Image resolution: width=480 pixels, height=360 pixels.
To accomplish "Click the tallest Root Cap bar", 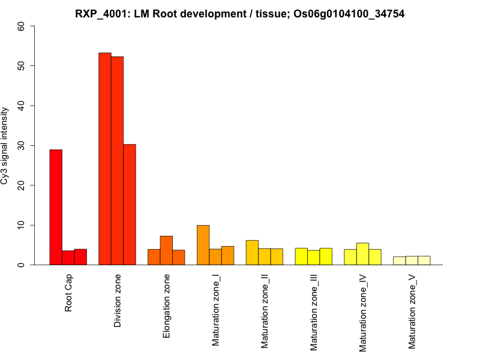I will (x=56, y=207).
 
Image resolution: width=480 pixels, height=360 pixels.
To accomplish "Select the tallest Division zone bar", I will (x=105, y=159).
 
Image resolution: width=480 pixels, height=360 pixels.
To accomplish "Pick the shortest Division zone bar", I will (x=130, y=205).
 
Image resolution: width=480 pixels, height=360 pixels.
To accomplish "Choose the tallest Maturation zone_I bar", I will (x=203, y=245).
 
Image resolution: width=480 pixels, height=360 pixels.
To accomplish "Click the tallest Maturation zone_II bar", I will (x=252, y=253).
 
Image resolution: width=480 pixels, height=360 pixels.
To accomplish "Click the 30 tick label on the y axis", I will (x=22, y=145).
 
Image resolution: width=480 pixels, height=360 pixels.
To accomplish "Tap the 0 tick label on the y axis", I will (x=22, y=265).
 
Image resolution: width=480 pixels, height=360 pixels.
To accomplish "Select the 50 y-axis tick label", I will (x=22, y=65).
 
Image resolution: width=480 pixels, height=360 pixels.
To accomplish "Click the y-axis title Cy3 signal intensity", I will (x=5, y=145).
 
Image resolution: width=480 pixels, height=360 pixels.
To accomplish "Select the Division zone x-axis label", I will (x=118, y=302).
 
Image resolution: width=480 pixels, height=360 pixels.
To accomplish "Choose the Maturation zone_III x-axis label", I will (x=314, y=312).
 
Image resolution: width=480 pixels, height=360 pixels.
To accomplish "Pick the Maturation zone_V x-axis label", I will (x=412, y=311).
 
